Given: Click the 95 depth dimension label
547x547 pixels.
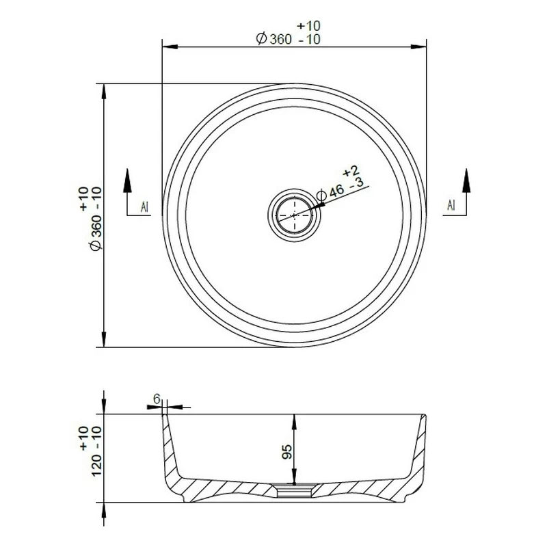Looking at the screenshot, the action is (x=286, y=451).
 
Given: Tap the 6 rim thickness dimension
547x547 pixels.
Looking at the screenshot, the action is (x=157, y=399).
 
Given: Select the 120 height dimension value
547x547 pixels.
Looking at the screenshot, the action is (x=96, y=465).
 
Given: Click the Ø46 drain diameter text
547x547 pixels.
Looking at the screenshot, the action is (x=329, y=194).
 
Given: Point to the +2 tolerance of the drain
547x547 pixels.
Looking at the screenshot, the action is (x=351, y=171).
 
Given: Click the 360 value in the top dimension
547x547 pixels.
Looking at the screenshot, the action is (x=280, y=39).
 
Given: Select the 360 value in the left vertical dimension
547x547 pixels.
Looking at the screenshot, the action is (x=96, y=227).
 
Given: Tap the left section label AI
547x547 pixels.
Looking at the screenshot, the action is (x=144, y=207).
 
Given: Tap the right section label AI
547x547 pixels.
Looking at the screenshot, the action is (x=451, y=206).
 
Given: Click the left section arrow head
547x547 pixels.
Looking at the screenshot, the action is (x=127, y=181).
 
